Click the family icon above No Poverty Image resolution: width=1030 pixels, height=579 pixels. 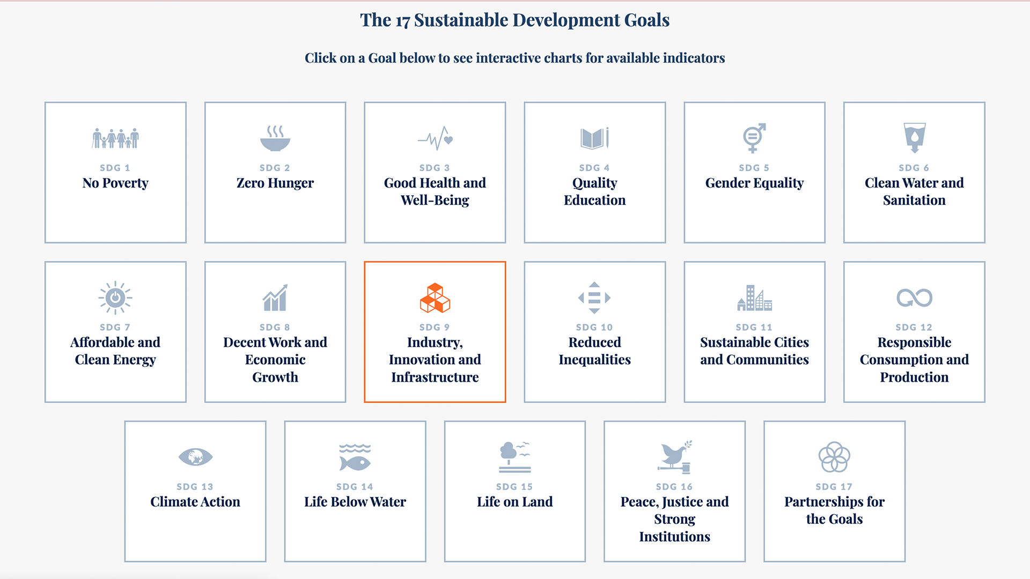(115, 138)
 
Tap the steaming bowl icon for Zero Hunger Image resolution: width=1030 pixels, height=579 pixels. (275, 138)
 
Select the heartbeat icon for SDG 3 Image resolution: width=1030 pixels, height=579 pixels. (435, 138)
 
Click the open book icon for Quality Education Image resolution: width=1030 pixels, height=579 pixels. (594, 138)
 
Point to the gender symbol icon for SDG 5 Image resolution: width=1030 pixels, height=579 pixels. (754, 138)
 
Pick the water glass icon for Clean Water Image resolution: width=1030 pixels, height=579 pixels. (915, 138)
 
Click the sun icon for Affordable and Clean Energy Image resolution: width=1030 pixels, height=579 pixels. (115, 298)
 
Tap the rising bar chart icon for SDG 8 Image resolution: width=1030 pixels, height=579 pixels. (275, 298)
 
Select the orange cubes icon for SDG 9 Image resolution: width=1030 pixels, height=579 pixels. (435, 298)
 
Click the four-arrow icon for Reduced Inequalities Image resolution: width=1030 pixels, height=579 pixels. (594, 298)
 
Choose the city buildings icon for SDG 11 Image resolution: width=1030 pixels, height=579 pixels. (754, 298)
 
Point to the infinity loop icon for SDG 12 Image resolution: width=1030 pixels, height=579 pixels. (915, 298)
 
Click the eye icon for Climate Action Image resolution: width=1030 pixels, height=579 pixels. (195, 457)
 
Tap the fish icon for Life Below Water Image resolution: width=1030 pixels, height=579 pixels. (355, 457)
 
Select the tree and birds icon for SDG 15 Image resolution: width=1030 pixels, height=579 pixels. (514, 457)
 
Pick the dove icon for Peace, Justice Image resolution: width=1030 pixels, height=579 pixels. (675, 457)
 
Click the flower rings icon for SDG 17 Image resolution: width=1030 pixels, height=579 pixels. (834, 457)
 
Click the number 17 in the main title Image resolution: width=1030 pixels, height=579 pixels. (402, 21)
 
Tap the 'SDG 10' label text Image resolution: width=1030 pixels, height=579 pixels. (594, 327)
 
